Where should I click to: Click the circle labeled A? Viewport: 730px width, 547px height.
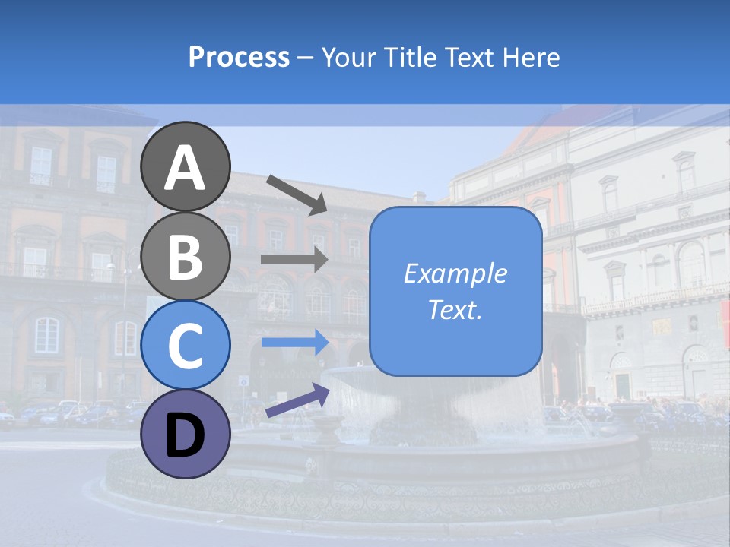[x=186, y=166]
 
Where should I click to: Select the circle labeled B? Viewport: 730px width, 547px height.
[x=186, y=255]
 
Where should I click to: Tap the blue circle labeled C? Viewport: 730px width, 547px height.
[x=186, y=344]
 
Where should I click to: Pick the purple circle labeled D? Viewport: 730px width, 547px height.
[x=186, y=434]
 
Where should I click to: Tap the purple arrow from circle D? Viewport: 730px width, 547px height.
[x=297, y=400]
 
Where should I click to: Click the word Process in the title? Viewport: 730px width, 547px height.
[x=239, y=57]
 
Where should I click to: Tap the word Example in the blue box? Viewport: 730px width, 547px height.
[x=455, y=273]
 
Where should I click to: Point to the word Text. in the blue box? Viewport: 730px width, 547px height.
[x=455, y=309]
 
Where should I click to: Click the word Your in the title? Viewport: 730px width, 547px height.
[x=350, y=57]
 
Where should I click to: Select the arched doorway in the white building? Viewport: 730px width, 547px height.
[x=697, y=372]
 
